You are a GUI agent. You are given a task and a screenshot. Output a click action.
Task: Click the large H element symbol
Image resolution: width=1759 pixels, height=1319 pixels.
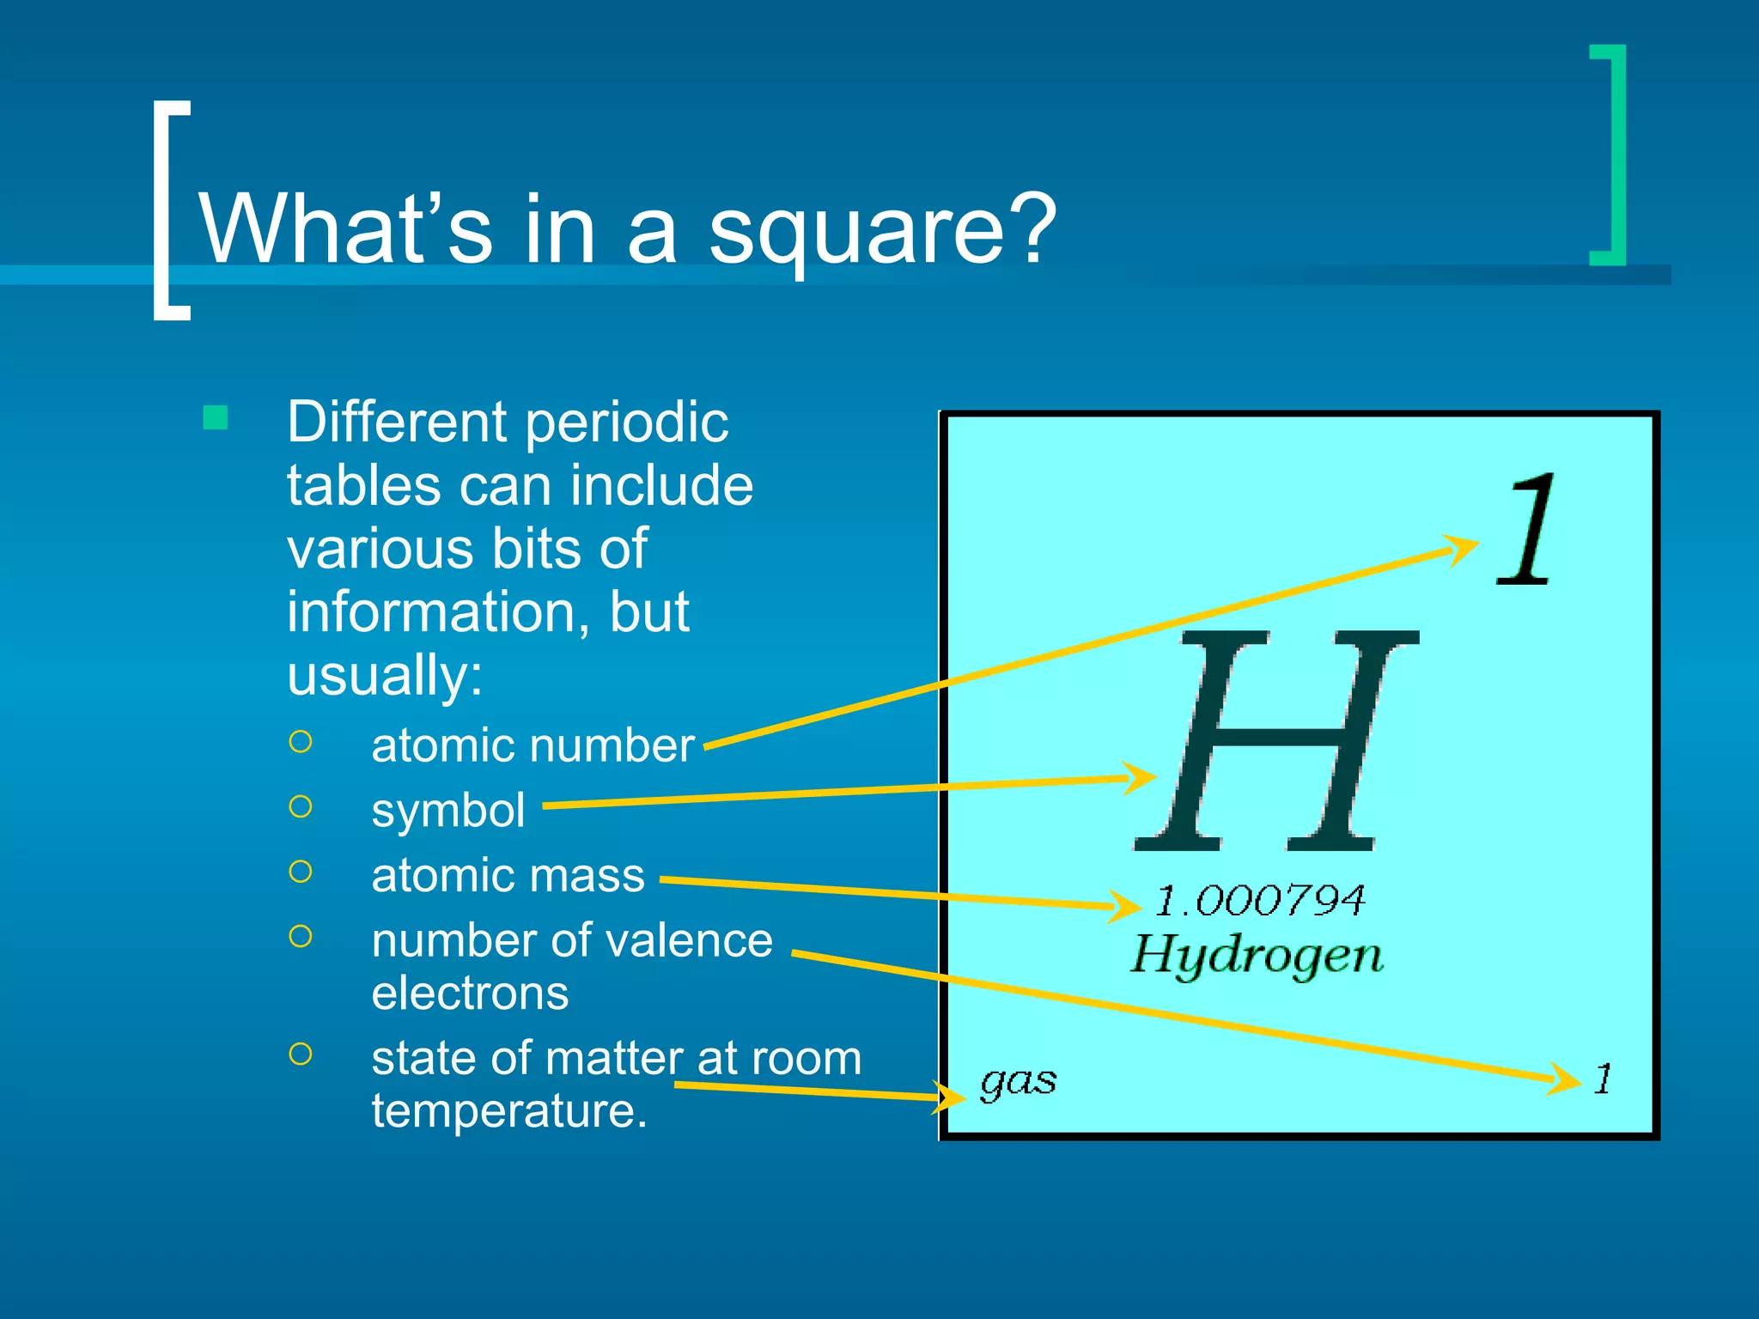(1276, 740)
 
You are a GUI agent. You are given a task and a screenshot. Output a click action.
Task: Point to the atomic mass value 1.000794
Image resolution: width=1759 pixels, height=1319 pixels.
(1259, 900)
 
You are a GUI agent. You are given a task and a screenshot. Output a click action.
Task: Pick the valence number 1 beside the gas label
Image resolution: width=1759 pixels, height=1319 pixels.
(1603, 1079)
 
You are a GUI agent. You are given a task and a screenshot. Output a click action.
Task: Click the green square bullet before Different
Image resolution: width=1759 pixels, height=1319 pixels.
(216, 418)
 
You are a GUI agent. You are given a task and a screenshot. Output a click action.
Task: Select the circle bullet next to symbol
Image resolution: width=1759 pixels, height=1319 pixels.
(301, 807)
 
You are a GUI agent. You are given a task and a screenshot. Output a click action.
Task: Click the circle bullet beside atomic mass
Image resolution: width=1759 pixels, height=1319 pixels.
(301, 872)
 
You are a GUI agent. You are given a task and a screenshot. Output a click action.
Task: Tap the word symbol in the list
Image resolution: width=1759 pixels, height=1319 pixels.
(447, 811)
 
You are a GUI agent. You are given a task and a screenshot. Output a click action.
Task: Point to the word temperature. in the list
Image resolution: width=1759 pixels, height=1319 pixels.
(508, 1111)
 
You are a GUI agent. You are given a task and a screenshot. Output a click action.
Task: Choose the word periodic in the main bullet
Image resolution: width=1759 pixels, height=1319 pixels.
(627, 422)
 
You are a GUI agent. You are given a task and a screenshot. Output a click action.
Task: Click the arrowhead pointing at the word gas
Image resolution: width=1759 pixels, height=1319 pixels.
(952, 1097)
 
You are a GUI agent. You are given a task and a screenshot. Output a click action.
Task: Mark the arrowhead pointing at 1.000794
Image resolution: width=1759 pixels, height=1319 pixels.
(1125, 905)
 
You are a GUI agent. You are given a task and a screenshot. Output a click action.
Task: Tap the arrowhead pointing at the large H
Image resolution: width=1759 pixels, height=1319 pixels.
(1142, 778)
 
